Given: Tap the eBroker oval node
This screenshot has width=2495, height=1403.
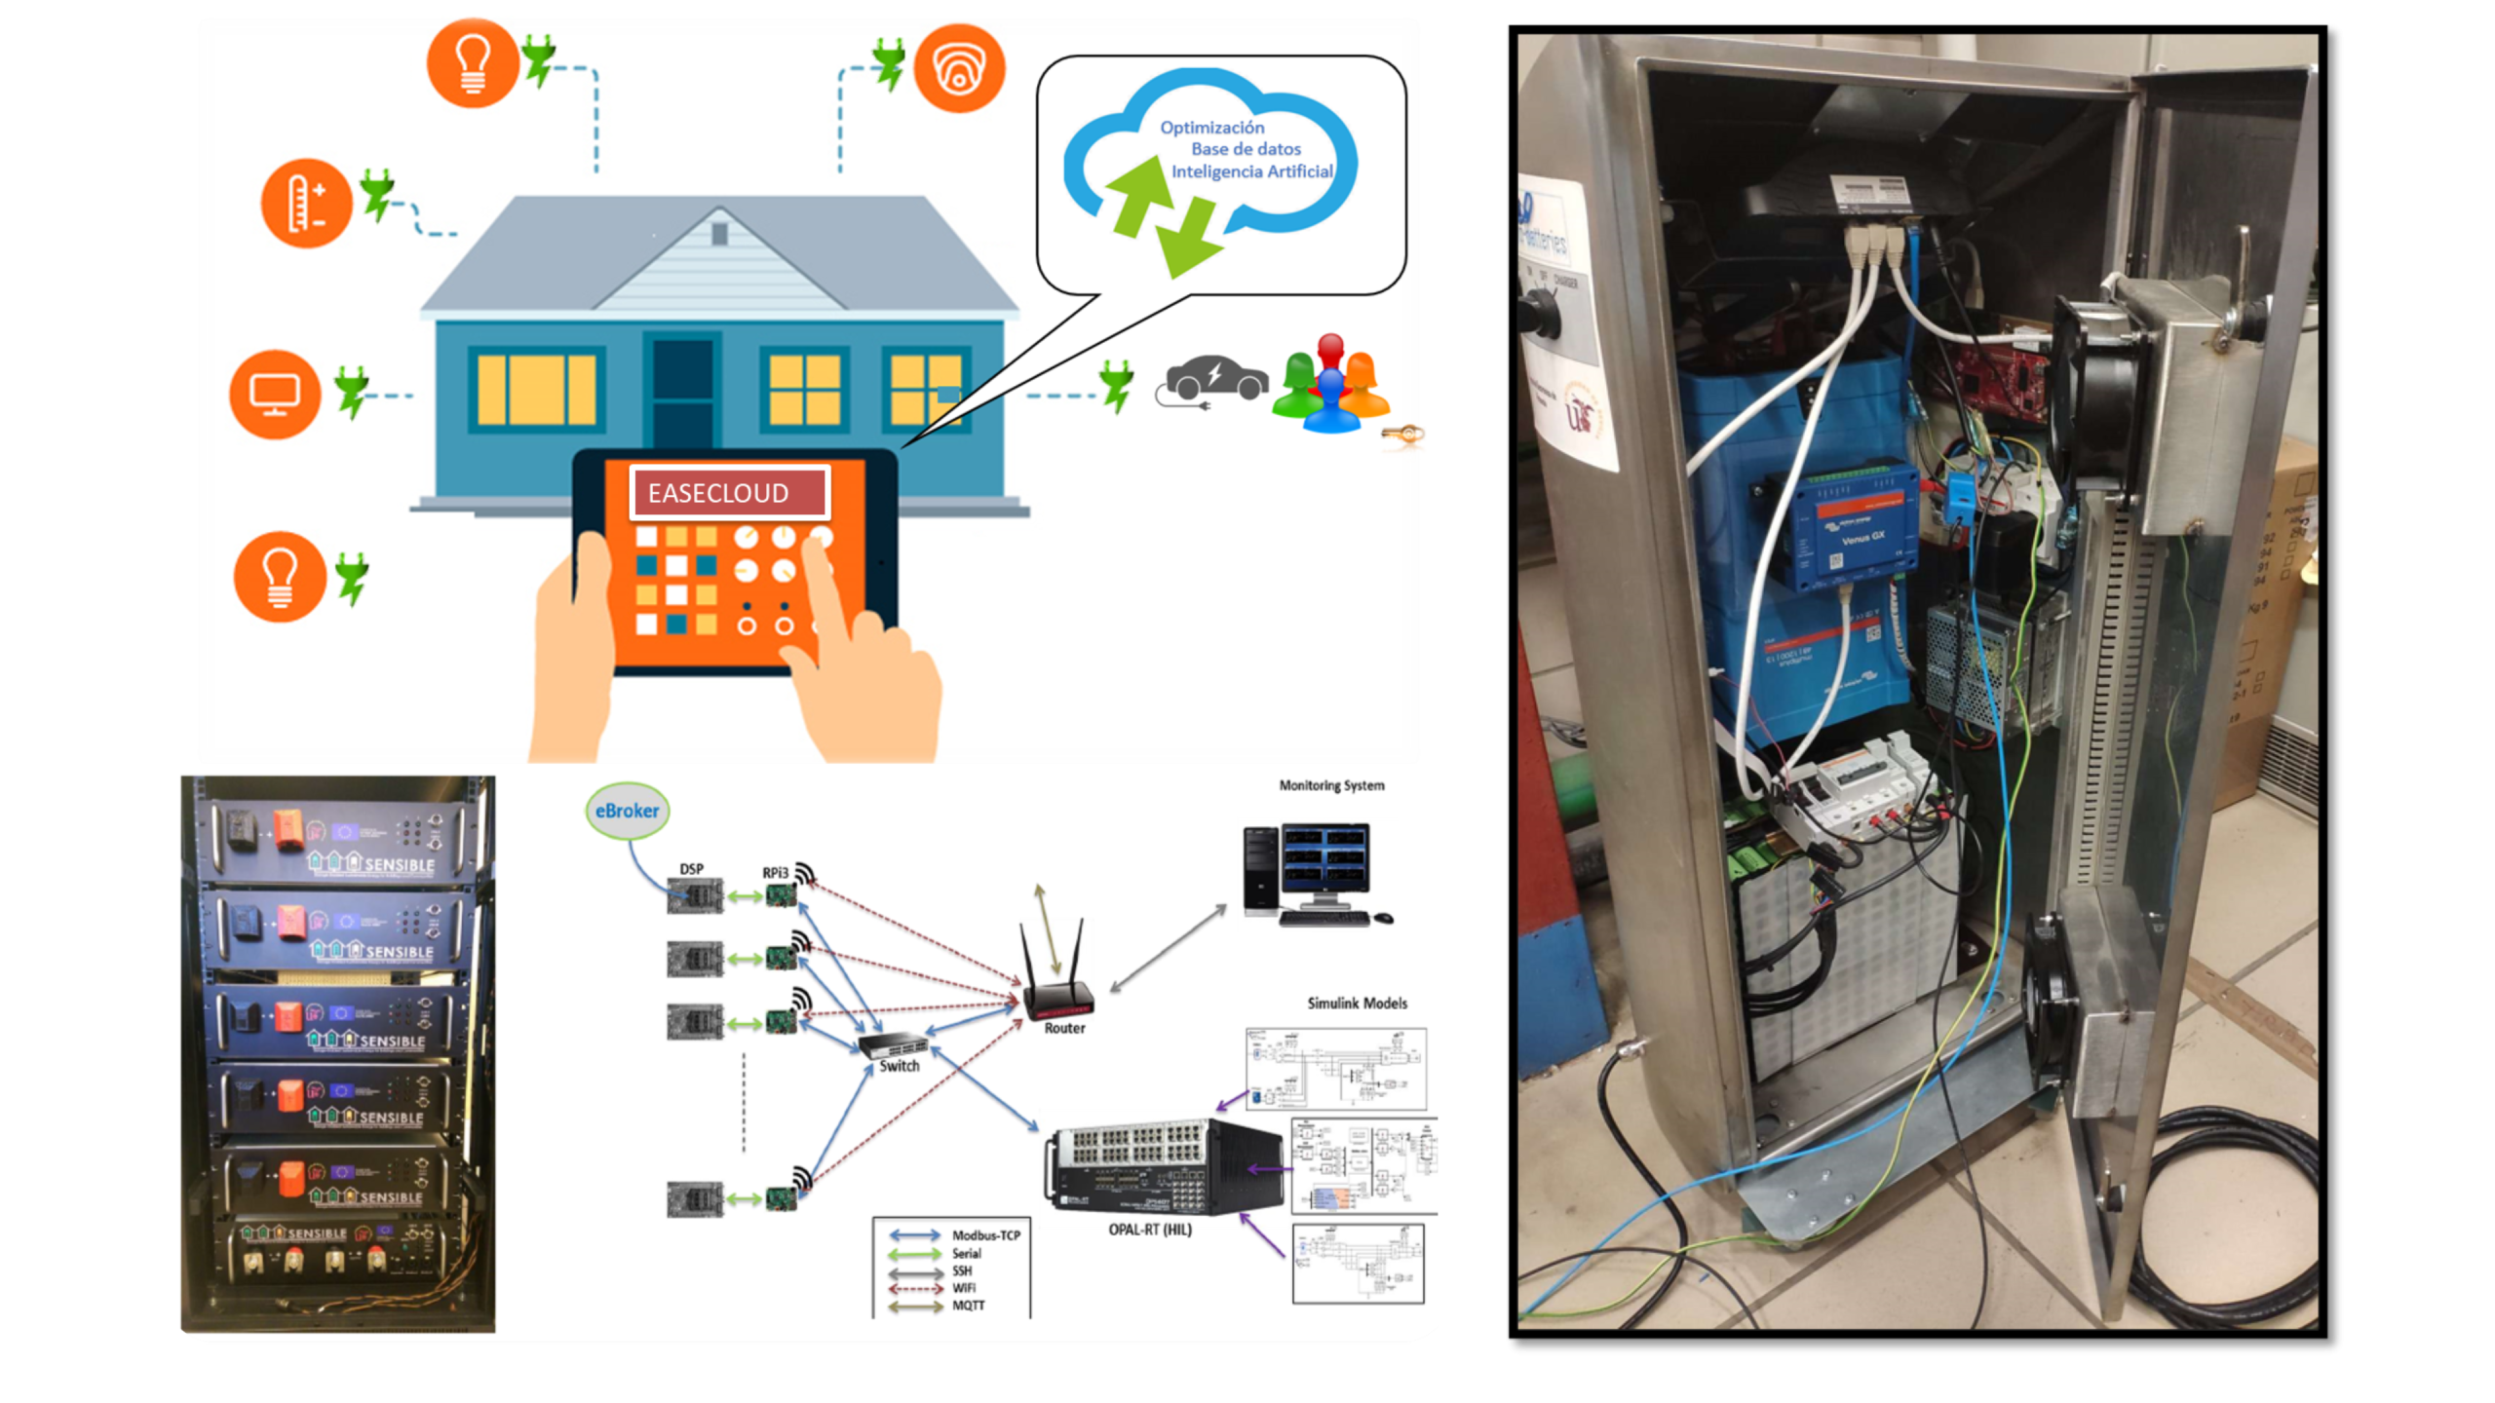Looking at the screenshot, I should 628,811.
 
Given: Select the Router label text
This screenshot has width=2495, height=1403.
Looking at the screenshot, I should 1064,1028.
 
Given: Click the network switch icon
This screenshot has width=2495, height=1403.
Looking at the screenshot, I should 891,1045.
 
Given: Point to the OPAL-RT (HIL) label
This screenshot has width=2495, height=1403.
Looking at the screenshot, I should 1150,1230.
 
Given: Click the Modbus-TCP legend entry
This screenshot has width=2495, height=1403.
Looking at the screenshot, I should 985,1235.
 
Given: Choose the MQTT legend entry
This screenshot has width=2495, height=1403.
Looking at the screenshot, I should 968,1306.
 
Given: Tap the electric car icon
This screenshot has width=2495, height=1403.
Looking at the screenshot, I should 1215,378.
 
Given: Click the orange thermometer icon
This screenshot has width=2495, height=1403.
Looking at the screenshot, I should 306,204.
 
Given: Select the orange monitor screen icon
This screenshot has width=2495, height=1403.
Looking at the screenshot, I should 275,395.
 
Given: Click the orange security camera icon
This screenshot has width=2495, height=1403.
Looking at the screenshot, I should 959,68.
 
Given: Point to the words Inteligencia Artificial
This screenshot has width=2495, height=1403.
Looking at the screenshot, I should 1251,171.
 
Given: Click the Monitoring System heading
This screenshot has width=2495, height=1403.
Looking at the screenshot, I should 1331,785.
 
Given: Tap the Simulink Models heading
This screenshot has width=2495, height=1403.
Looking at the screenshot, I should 1357,1003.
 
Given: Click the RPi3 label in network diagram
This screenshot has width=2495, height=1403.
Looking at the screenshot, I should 775,872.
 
